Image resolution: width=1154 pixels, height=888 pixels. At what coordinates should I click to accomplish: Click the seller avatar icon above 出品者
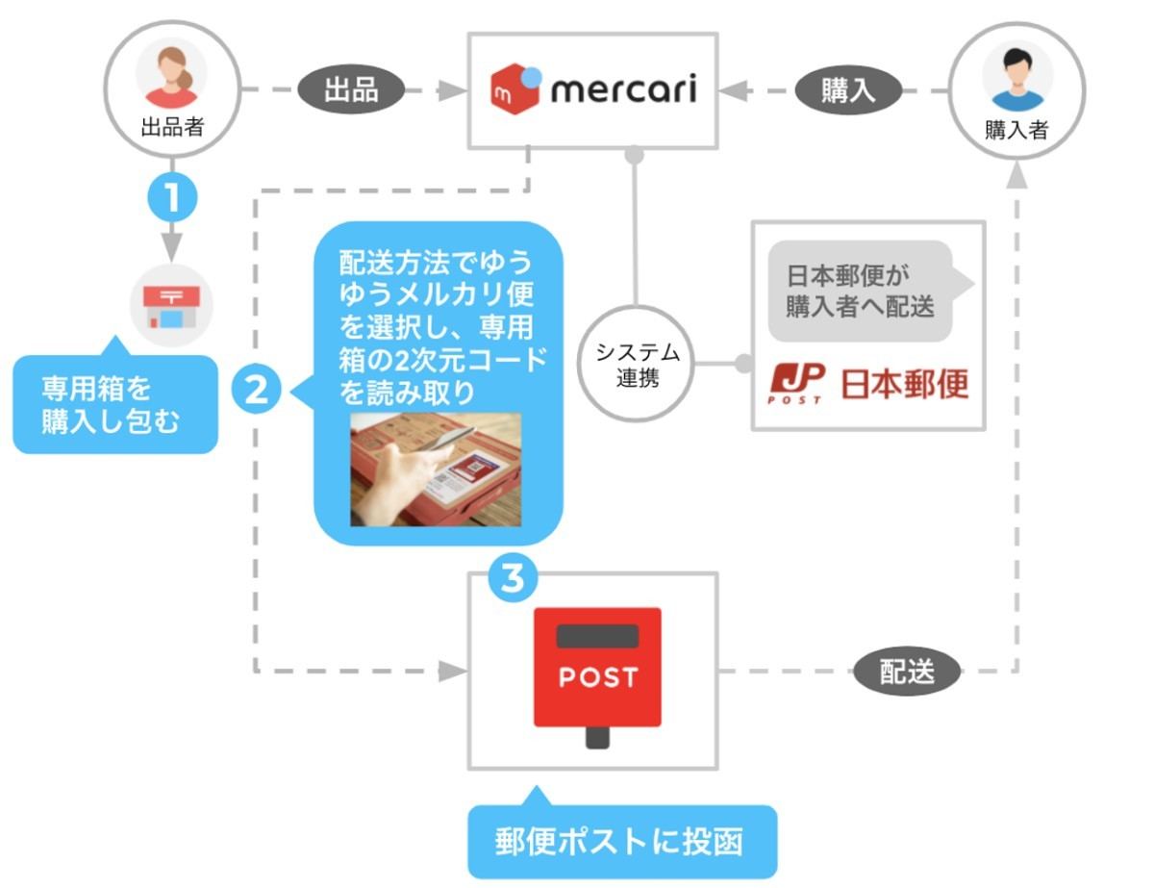coord(171,74)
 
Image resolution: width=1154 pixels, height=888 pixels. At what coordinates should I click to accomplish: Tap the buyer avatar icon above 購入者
coord(1016,74)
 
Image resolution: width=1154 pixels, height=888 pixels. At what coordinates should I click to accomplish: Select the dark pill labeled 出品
coord(349,90)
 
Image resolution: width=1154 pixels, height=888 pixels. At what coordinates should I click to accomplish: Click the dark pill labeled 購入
coord(848,90)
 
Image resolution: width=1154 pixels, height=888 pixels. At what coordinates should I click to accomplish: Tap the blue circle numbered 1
coord(171,198)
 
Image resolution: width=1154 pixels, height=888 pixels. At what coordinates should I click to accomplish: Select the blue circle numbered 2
coord(257,390)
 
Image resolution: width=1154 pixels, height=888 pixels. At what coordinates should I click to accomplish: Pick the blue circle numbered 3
coord(514,578)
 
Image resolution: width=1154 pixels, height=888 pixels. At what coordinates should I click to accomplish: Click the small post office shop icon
coord(171,305)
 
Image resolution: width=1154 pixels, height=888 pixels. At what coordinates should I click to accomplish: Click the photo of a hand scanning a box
coord(436,469)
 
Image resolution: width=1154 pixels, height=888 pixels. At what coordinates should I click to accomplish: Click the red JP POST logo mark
coord(796,382)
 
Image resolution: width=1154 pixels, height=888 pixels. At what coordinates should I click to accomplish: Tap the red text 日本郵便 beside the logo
coord(905,383)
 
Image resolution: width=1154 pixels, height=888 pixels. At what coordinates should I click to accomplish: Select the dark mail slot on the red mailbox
coord(598,636)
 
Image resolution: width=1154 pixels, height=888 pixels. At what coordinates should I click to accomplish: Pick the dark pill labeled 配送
coord(906,671)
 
